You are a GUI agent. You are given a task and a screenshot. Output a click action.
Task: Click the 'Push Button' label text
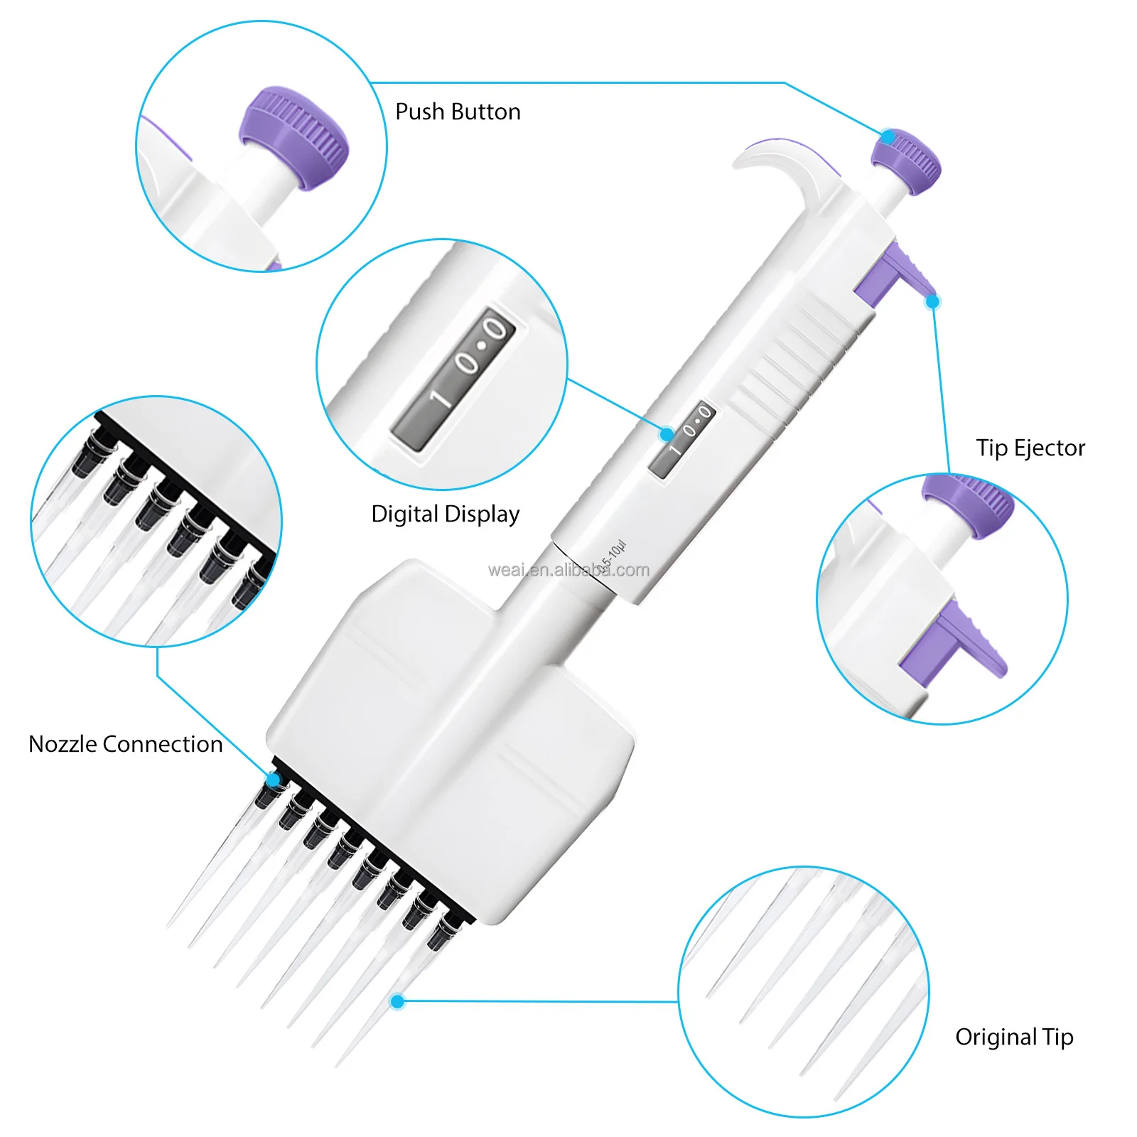click(458, 112)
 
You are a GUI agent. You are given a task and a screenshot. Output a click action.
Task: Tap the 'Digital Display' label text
click(445, 514)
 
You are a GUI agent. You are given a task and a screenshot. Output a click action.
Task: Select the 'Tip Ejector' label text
click(1030, 448)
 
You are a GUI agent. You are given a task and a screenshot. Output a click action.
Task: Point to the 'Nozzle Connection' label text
click(126, 744)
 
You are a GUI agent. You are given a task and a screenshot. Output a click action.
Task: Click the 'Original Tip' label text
click(1014, 1037)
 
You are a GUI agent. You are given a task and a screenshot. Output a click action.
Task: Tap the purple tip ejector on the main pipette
click(892, 274)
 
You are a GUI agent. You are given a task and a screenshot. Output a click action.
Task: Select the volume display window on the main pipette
click(681, 438)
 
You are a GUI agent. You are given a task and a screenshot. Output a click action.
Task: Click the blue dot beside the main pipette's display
click(667, 433)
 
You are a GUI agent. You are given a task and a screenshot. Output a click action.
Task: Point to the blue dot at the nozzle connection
click(273, 780)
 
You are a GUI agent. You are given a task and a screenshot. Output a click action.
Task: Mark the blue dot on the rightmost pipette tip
click(398, 1001)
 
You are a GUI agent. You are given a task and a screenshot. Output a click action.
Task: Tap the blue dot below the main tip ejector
click(933, 301)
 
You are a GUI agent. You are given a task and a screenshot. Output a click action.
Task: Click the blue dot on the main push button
click(888, 136)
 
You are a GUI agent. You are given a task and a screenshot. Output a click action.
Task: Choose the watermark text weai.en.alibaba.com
click(568, 570)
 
